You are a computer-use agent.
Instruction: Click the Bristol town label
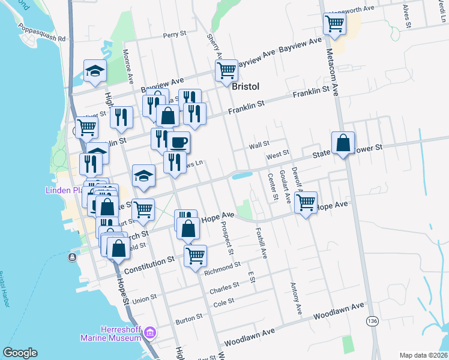click(x=246, y=86)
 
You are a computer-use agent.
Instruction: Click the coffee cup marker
click(x=178, y=142)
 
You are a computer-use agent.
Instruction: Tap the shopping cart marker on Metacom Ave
click(x=334, y=24)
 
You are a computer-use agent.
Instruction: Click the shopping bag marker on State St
click(x=342, y=143)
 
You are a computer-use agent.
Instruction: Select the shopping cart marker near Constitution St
click(x=196, y=256)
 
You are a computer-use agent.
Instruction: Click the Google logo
click(x=20, y=353)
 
